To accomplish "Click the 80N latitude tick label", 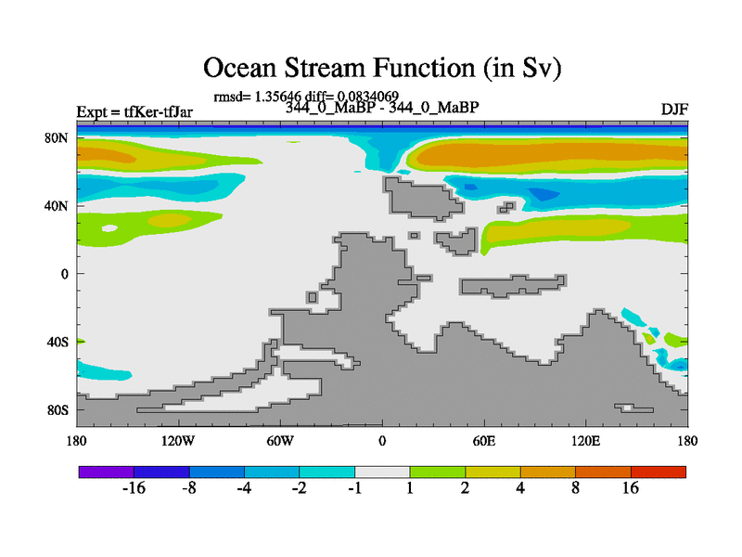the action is coord(57,137).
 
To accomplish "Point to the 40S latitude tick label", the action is coord(57,342).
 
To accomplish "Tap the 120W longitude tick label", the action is coord(177,441).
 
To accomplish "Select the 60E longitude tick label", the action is coord(483,441).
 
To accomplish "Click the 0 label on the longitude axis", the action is coord(382,441).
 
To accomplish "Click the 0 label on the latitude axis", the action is coord(64,274).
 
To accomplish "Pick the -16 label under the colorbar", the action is coord(134,487).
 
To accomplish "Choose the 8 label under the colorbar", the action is coord(575,487).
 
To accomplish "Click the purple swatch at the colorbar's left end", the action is coord(106,472).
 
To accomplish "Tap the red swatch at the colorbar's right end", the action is coord(659,472).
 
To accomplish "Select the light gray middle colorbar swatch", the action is coord(382,472).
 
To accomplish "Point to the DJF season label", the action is coord(674,110).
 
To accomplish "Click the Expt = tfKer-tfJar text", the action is coord(134,111).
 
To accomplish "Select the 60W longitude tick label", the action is coord(280,441).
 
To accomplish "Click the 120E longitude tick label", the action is coord(585,441).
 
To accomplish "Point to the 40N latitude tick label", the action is coord(57,206).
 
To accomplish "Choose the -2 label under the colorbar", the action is coord(299,487).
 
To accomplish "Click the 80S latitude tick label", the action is coord(57,409).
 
